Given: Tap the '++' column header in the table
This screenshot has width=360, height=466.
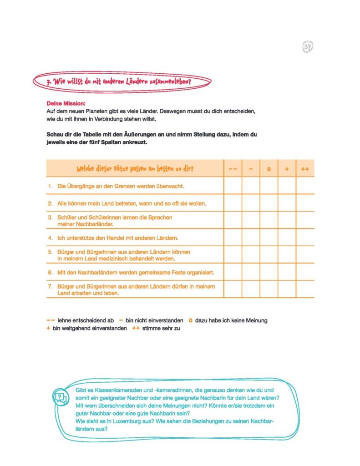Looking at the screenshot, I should tap(305, 169).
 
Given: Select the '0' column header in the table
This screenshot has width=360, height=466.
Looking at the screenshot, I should tap(269, 169).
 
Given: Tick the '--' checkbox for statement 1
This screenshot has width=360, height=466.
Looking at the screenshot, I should tap(233, 186).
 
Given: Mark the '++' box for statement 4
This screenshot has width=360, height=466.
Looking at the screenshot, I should tap(305, 238).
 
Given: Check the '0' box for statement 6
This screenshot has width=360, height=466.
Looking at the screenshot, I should tap(269, 272).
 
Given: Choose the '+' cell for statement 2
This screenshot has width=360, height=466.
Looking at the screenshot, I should tap(287, 203).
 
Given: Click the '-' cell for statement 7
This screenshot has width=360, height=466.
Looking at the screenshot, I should tap(251, 289).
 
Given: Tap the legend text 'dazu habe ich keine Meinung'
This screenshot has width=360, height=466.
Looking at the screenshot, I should tap(231, 320).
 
